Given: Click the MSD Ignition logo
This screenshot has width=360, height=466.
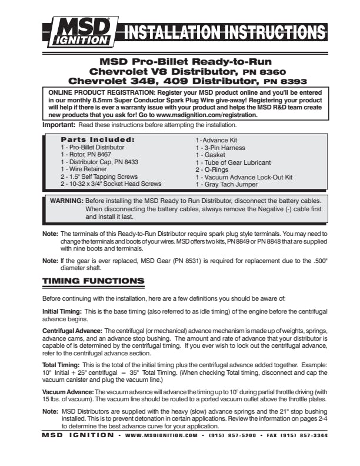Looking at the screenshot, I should [x=80, y=31].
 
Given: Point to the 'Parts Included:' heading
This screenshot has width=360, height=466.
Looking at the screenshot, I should [x=98, y=139].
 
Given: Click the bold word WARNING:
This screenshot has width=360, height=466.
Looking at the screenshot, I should [x=66, y=201].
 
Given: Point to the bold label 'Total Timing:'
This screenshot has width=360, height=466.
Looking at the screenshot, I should [x=61, y=365].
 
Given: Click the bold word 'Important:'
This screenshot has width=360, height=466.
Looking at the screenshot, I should [x=59, y=125].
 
